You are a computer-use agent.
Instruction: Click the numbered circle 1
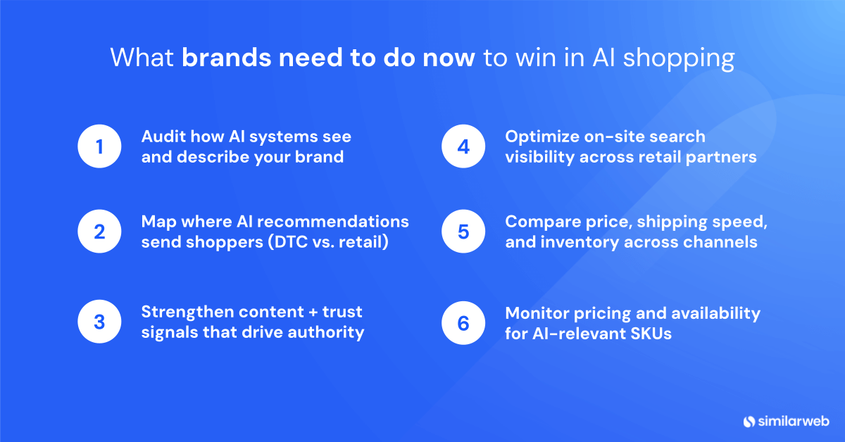99,146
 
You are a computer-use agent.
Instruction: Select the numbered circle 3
99,322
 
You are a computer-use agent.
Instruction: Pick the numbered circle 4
463,146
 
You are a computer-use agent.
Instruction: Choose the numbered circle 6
463,322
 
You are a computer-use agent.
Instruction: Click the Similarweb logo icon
749,421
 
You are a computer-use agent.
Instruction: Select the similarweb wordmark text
792,421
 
